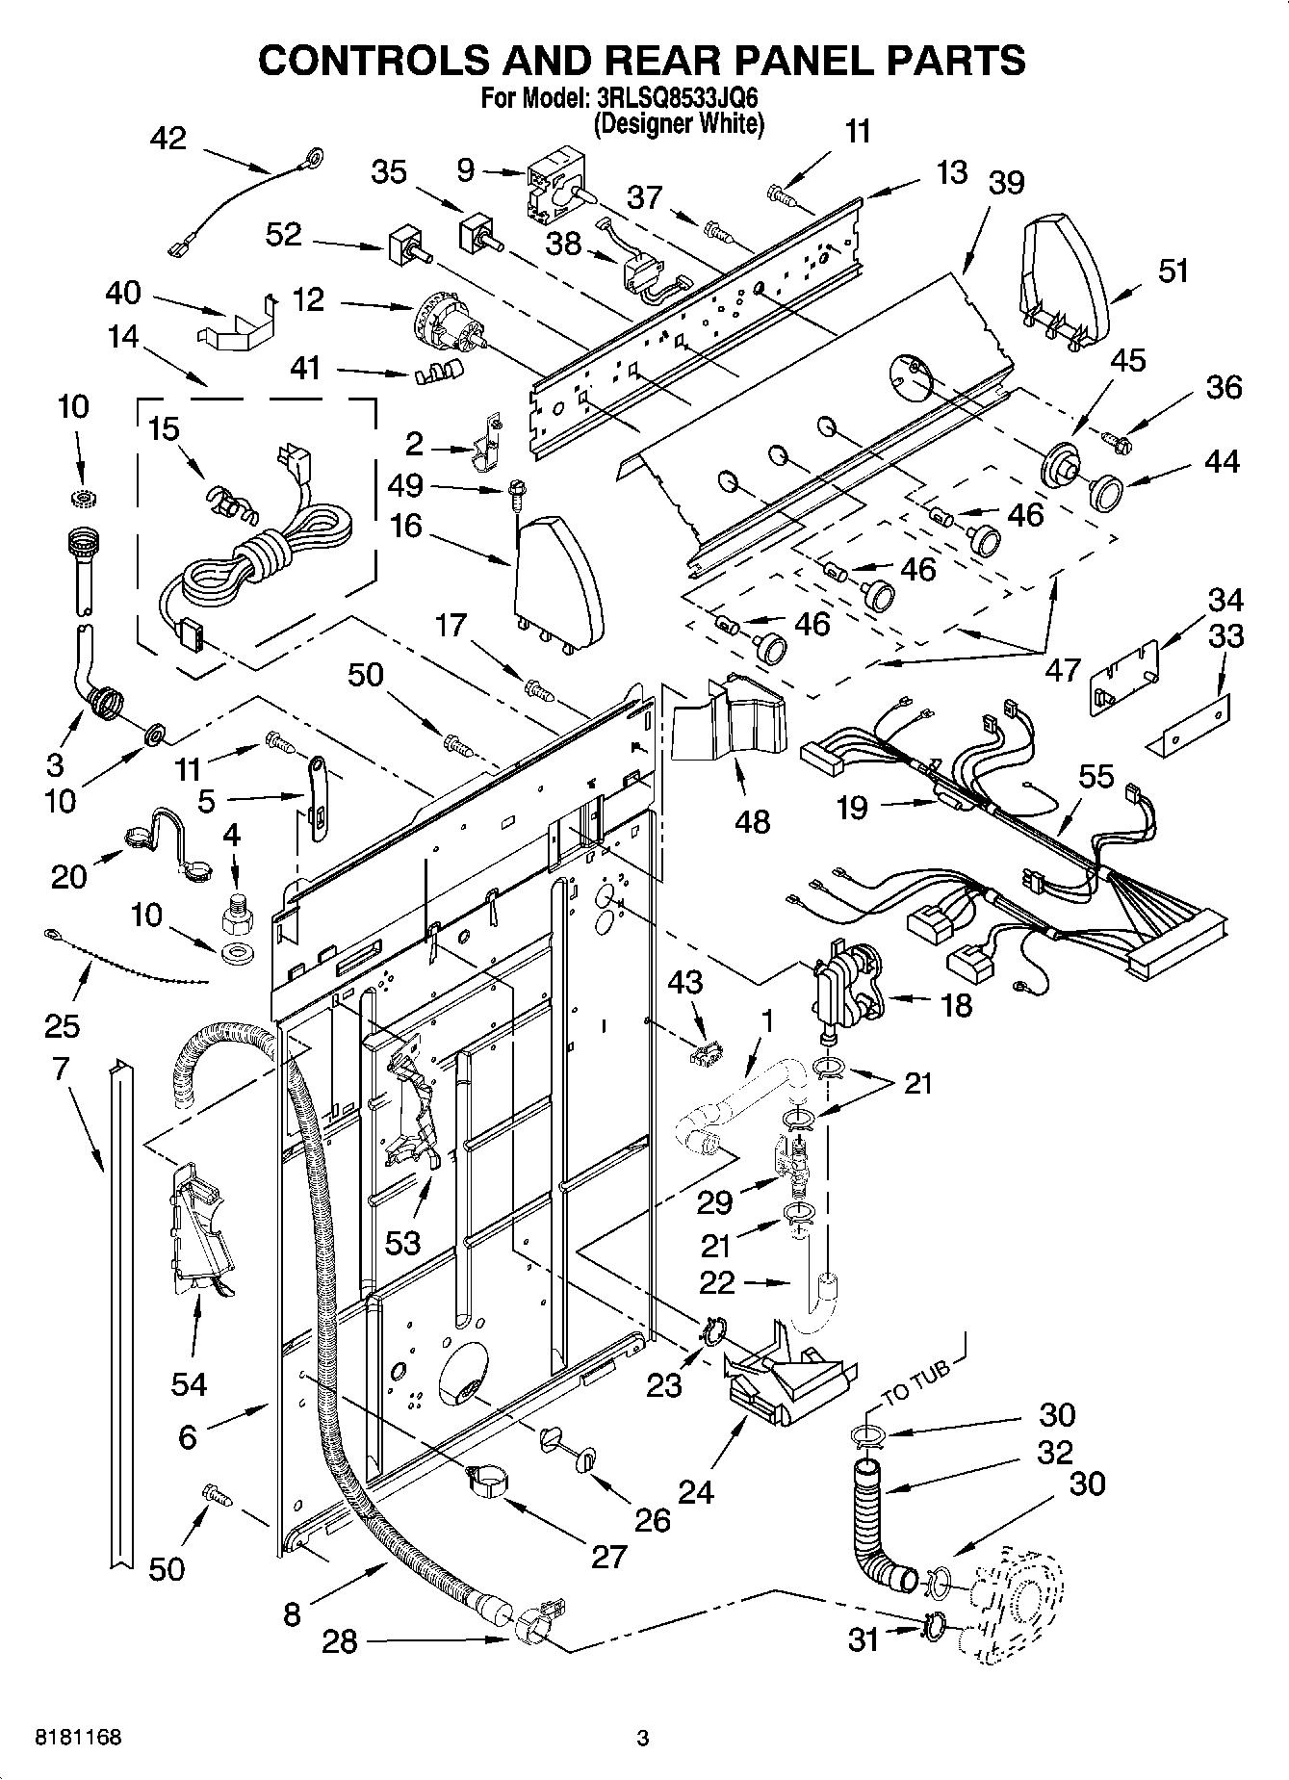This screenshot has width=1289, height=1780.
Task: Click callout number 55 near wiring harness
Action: (1096, 776)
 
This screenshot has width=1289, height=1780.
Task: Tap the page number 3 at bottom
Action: (643, 1739)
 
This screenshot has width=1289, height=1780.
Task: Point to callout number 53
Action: (402, 1243)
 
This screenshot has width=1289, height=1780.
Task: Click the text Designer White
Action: (680, 123)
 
